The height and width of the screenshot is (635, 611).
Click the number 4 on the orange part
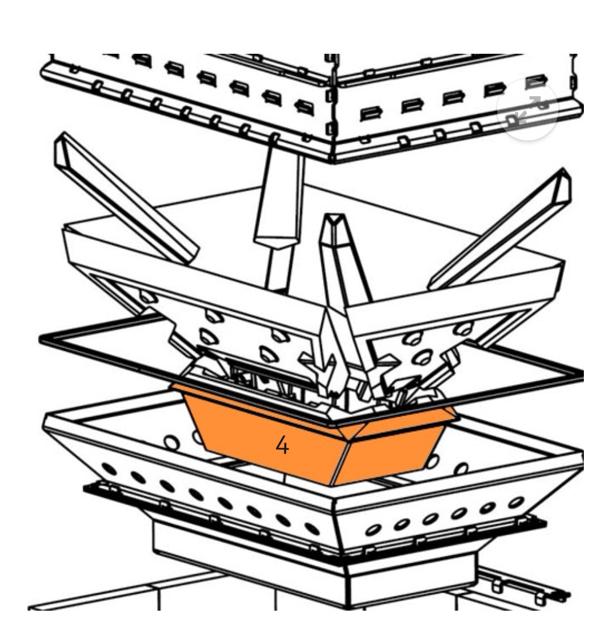pyautogui.click(x=282, y=445)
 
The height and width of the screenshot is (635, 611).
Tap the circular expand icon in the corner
pyautogui.click(x=527, y=109)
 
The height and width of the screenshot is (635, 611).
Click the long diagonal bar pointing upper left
pyautogui.click(x=126, y=199)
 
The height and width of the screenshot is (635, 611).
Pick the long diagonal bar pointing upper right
pyautogui.click(x=501, y=229)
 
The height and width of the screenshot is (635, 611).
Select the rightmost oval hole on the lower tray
pyautogui.click(x=517, y=503)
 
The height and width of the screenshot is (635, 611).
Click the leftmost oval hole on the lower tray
pyautogui.click(x=109, y=469)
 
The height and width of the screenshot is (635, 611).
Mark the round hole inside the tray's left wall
pyautogui.click(x=171, y=443)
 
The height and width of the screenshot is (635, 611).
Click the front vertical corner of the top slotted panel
pyautogui.click(x=332, y=108)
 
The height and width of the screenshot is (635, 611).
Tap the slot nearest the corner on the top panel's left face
pyautogui.click(x=304, y=107)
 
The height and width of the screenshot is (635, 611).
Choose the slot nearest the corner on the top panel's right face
pyautogui.click(x=371, y=113)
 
